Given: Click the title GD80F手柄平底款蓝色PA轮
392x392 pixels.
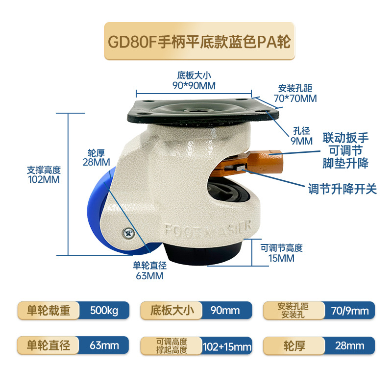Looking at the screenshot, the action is point(199,42).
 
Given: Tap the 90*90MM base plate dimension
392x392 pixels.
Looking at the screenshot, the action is point(194,86).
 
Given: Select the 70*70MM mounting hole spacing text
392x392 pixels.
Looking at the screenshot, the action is point(295,98).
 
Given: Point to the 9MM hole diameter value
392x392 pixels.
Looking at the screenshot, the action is point(301,141).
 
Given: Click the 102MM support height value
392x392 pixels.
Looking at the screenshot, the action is point(44,179).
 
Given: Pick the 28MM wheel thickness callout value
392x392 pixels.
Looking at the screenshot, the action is point(96,162).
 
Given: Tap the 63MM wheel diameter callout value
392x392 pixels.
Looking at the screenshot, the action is point(149,276).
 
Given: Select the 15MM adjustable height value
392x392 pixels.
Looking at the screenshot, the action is point(281,258).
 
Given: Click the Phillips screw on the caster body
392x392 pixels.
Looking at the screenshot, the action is point(128,234).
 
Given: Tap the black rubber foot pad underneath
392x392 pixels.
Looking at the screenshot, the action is point(202,252).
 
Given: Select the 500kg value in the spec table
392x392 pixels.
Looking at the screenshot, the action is point(104,310).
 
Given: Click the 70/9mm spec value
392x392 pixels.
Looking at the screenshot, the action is point(350,311).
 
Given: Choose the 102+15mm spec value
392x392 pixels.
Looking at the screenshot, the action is point(227,347).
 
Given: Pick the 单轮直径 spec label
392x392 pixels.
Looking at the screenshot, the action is point(48,345).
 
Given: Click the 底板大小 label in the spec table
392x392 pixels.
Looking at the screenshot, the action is point(172,310).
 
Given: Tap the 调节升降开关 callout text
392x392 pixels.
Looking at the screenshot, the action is point(342,189).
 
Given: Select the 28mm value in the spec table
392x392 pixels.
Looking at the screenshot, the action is point(349,346).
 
